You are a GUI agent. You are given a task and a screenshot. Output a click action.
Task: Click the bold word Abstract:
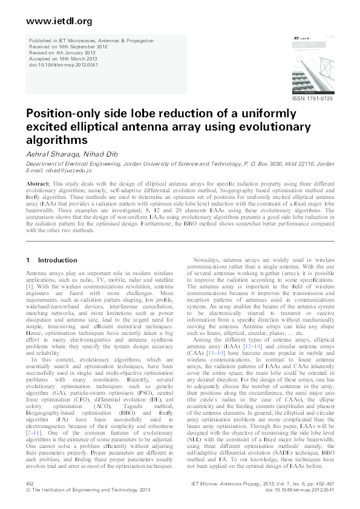point(38,182)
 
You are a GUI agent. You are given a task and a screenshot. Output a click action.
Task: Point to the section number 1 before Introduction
point(28,261)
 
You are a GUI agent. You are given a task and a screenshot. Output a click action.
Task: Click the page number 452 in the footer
point(30,484)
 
